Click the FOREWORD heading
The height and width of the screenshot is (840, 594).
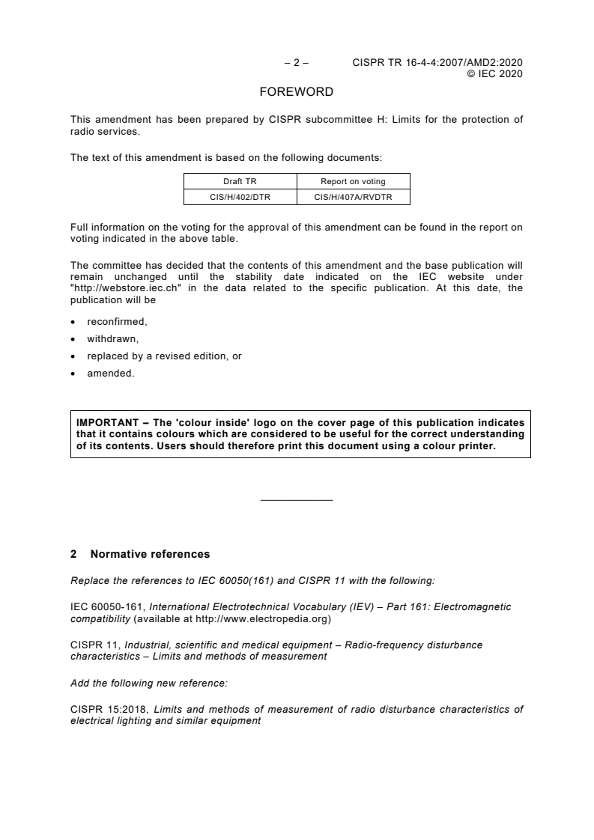click(x=296, y=92)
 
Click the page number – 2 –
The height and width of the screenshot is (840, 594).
click(x=297, y=63)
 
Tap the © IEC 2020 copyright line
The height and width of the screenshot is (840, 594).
click(x=494, y=73)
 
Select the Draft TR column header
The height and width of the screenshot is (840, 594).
click(x=240, y=181)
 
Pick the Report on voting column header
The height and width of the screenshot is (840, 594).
click(x=353, y=181)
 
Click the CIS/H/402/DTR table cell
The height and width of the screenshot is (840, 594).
click(x=240, y=197)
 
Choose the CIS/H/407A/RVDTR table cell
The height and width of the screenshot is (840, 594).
click(x=353, y=197)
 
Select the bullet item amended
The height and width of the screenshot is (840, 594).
click(x=110, y=374)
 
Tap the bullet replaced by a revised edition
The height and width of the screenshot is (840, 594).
click(x=164, y=356)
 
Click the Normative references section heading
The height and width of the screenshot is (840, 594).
click(x=150, y=555)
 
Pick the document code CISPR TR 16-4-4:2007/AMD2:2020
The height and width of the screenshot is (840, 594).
click(x=437, y=63)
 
